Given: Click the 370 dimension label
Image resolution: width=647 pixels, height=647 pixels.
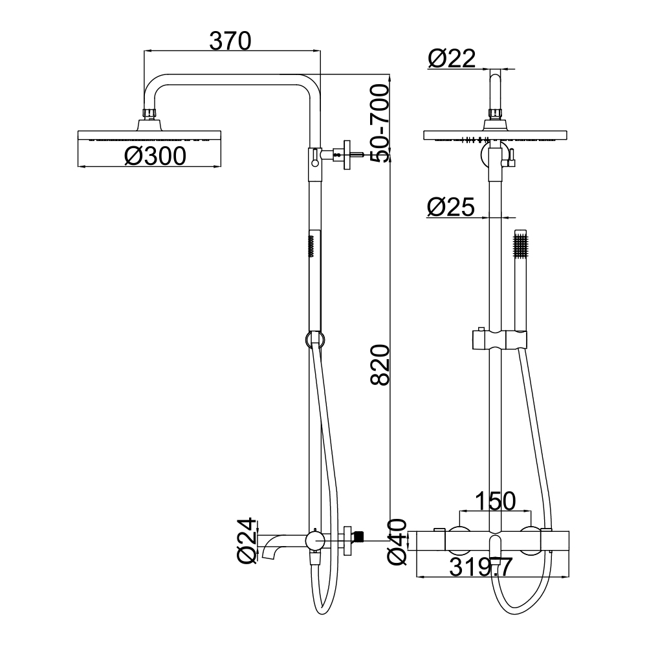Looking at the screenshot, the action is tap(230, 41).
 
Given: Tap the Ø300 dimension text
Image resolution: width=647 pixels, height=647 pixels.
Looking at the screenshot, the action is tap(155, 157).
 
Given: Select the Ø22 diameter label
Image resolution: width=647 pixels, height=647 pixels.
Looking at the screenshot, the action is tap(452, 59).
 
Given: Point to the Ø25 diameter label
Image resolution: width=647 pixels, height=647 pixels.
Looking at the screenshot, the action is tap(451, 207).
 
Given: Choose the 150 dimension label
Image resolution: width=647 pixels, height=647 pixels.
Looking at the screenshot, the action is tap(495, 501).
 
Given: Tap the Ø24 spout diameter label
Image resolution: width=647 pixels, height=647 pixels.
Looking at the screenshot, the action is tap(247, 541).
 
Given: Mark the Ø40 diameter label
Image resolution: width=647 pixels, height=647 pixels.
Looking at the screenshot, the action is tap(397, 542).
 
